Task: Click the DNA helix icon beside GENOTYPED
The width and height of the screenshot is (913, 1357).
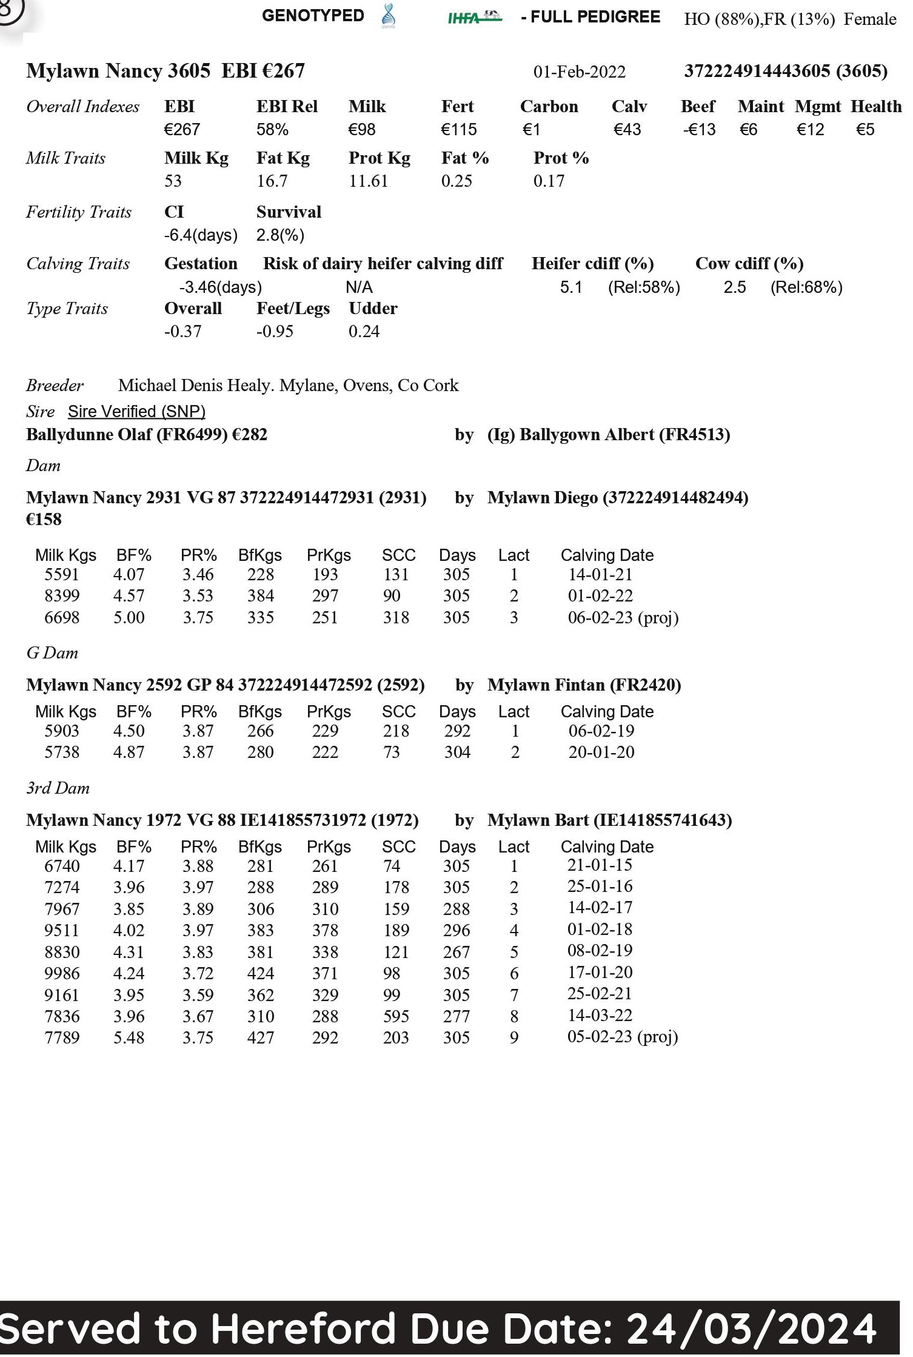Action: pos(389,16)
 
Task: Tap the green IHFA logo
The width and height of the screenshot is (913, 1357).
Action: pos(475,17)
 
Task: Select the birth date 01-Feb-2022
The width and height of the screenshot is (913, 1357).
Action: pos(579,72)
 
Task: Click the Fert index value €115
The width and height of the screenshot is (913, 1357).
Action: pos(458,130)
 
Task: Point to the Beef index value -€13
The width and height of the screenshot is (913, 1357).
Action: pos(698,130)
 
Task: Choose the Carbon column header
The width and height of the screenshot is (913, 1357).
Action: pos(549,107)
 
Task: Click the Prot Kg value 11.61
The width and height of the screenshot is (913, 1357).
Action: pos(368,181)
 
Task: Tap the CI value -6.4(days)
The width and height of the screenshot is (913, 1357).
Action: pos(201,235)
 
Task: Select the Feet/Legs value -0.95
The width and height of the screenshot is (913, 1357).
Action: pos(275,332)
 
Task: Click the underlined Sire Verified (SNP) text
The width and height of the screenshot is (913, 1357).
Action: pos(136,412)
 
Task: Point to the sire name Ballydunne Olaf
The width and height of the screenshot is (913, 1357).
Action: pos(89,435)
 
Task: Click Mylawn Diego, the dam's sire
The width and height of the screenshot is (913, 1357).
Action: pos(543,498)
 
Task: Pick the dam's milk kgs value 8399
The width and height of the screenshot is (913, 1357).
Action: pos(62,596)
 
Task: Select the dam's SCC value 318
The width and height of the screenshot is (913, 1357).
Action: pos(396,618)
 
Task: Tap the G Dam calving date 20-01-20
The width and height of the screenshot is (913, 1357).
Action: pos(601,752)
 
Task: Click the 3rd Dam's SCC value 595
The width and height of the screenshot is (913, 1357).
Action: pos(396,1017)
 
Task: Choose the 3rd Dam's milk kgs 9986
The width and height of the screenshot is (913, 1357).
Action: pos(62,974)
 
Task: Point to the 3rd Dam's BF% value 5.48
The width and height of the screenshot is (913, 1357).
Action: pos(129,1038)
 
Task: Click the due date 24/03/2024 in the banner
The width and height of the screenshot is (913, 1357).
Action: pos(752,1329)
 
